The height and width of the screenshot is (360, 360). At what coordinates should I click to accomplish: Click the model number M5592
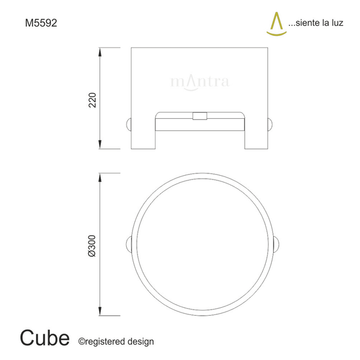click(41, 23)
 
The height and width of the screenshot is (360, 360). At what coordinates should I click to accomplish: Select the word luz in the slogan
click(338, 25)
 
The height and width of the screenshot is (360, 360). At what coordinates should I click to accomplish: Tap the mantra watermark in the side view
click(200, 82)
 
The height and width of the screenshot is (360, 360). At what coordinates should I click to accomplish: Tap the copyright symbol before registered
click(82, 341)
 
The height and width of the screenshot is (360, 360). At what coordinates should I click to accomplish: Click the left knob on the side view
click(128, 125)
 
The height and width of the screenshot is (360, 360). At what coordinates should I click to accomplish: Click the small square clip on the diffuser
click(199, 116)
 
